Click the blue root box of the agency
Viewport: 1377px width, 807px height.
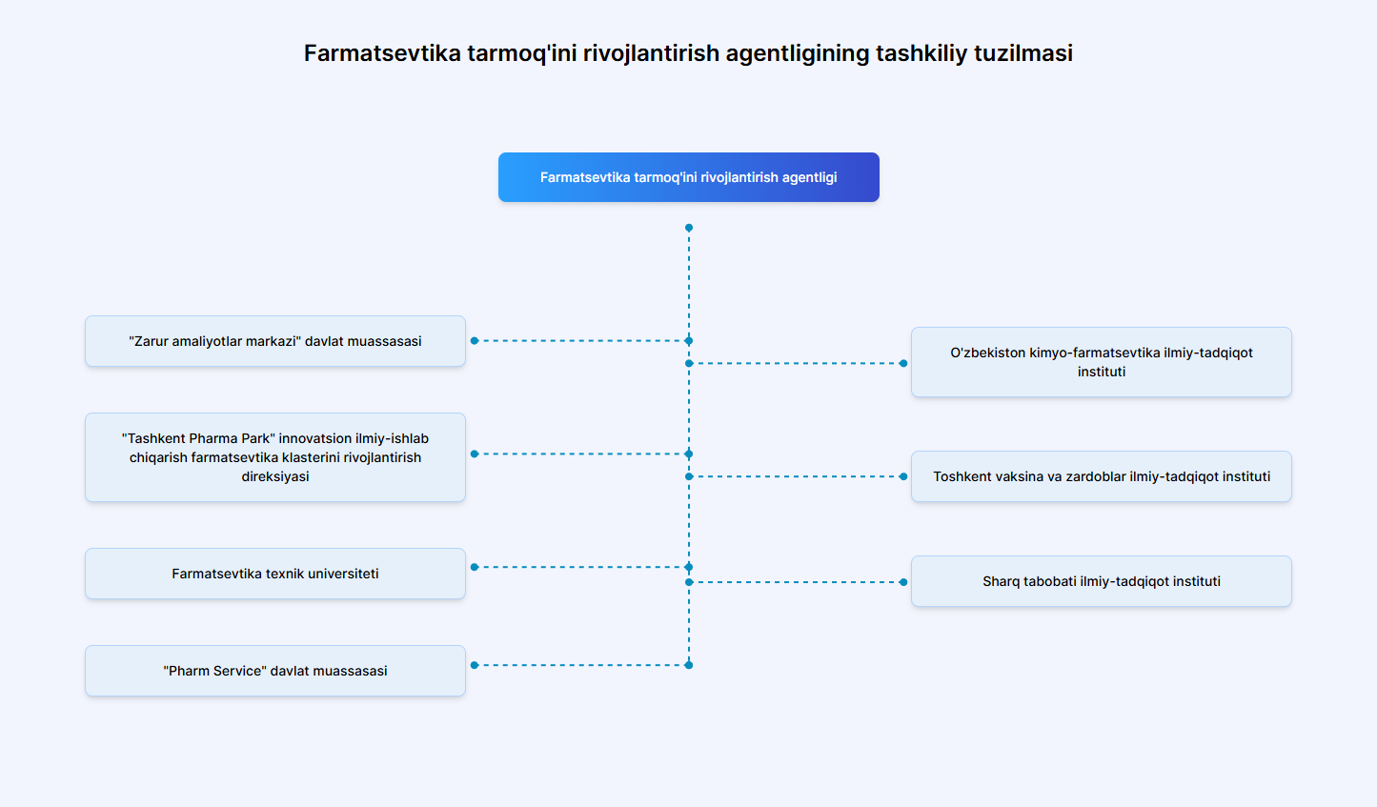(688, 177)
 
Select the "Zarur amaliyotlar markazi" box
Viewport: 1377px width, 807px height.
(275, 341)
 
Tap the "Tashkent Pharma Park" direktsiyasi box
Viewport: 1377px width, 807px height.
(275, 457)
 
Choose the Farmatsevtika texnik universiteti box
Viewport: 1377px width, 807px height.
(275, 574)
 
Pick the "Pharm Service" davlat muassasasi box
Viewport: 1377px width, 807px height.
(275, 671)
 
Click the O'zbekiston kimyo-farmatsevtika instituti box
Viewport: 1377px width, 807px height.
(1101, 362)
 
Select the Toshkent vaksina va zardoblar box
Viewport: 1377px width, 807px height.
(1101, 476)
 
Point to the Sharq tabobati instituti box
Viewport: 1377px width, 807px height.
(1101, 581)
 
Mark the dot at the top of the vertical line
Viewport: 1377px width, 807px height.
(689, 228)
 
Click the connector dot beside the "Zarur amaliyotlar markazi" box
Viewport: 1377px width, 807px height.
(475, 340)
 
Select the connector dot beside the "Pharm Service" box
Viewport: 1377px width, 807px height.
(475, 665)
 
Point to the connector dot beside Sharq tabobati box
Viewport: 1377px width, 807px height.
(903, 582)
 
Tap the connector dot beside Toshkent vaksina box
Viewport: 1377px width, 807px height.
(903, 476)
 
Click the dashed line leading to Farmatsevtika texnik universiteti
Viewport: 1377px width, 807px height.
(581, 567)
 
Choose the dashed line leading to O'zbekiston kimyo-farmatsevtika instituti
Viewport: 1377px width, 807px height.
(796, 363)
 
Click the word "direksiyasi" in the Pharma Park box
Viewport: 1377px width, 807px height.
(275, 476)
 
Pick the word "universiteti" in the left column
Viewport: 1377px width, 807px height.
(343, 574)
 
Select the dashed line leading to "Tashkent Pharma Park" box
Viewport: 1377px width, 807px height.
(581, 454)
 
